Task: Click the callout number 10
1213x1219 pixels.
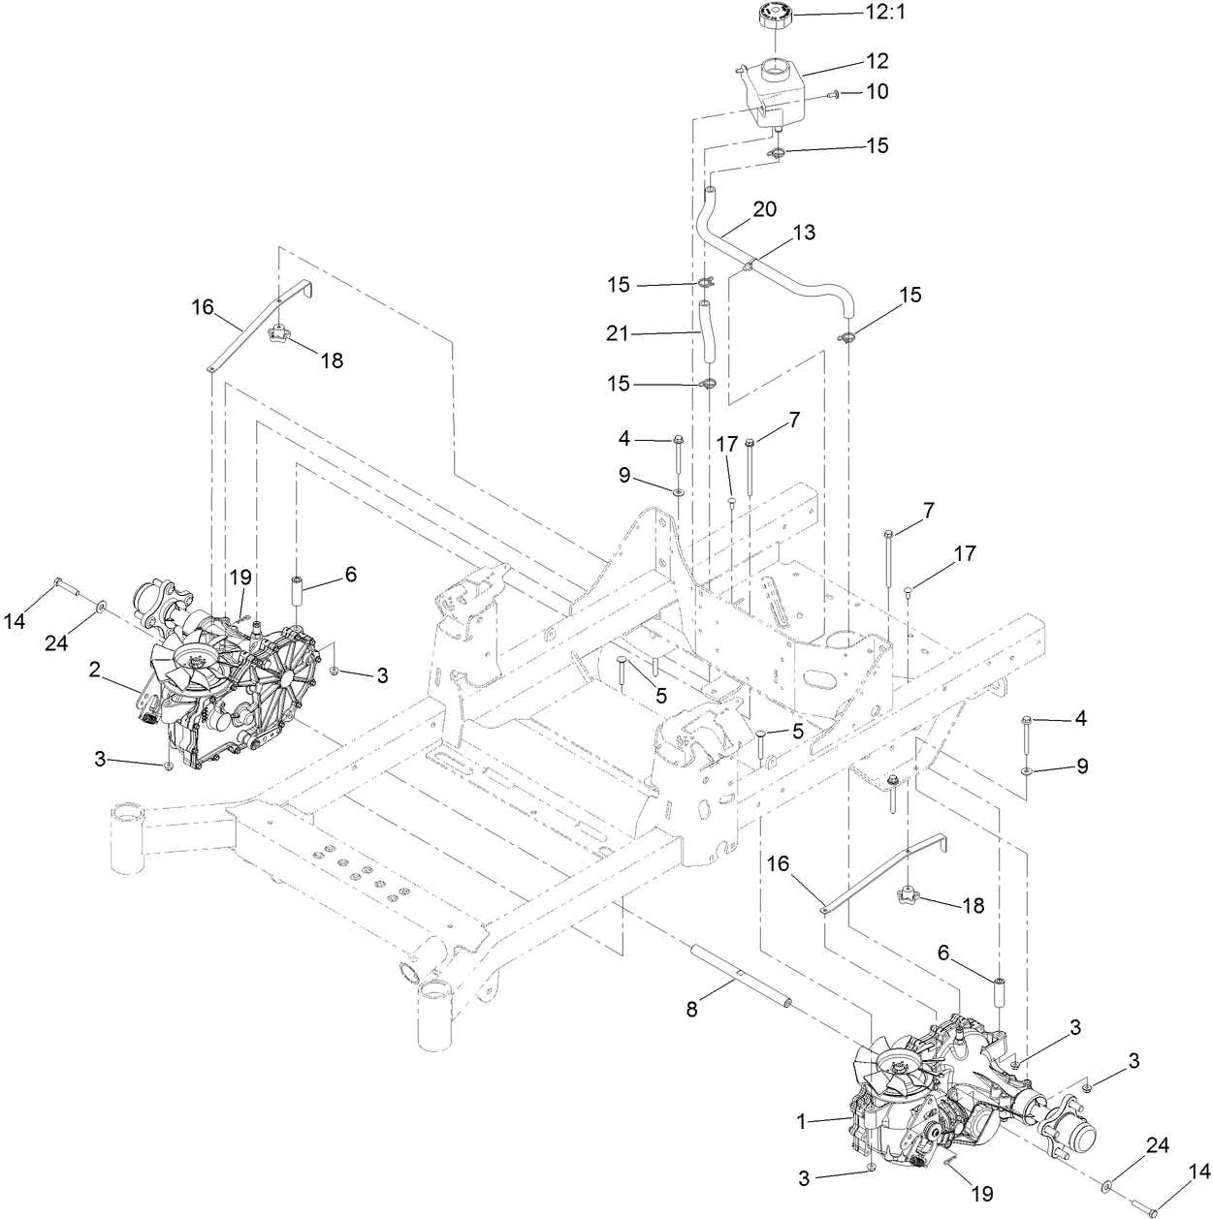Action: click(x=877, y=92)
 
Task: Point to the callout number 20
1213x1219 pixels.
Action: click(x=764, y=210)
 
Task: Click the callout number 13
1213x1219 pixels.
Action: click(x=804, y=233)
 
